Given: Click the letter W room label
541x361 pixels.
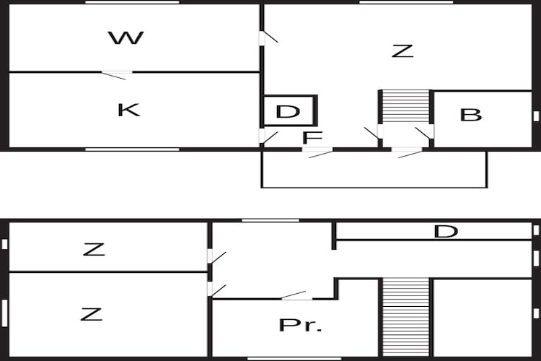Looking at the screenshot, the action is click(126, 38).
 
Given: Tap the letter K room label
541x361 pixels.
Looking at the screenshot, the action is click(128, 110).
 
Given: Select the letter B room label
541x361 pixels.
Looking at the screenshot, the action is click(470, 115).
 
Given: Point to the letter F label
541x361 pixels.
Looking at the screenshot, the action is click(312, 137).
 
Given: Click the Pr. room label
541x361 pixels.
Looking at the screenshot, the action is click(301, 325).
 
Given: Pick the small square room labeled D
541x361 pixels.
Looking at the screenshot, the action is click(289, 111).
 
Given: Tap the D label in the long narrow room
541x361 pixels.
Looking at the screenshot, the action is click(446, 232).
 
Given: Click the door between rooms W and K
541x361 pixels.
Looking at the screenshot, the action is click(117, 74).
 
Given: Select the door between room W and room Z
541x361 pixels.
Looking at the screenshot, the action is click(268, 38).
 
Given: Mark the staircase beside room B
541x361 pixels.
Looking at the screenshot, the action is click(405, 106).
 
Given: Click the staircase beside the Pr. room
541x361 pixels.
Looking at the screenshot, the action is click(405, 318).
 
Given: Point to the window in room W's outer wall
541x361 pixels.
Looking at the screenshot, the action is click(132, 2).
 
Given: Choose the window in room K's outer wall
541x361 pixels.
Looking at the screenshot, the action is click(132, 149).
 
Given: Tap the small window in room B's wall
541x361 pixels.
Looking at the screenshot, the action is click(536, 116).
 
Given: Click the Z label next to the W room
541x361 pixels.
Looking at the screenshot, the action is click(403, 51).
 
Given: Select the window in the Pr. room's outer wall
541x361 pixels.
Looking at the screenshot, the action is click(294, 359).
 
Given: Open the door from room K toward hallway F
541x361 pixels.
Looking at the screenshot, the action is click(268, 137).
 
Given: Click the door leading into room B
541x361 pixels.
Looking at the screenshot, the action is click(425, 133).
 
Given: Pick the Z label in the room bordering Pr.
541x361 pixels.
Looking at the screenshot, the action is click(91, 314).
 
